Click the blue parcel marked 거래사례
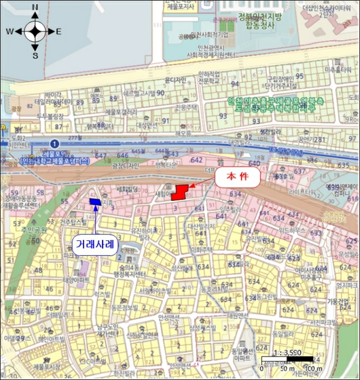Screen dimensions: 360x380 (96, 202)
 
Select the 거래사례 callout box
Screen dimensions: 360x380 (95, 244)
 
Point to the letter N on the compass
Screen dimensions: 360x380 (35, 7)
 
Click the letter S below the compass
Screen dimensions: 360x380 (35, 55)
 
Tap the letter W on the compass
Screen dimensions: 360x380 (10, 31)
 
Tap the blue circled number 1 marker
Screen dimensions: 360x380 (54, 143)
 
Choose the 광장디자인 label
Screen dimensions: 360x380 (125, 166)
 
